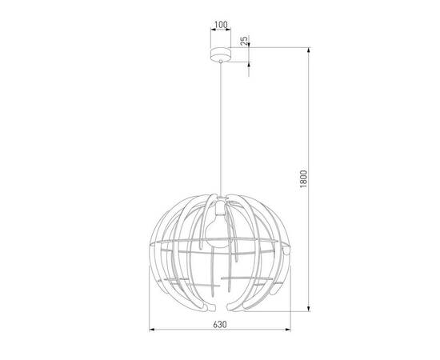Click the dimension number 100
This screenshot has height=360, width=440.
[220, 26]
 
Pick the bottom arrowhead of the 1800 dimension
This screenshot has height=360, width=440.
[311, 310]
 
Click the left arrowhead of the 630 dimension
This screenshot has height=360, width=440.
[151, 330]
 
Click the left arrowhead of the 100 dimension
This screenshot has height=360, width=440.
[210, 32]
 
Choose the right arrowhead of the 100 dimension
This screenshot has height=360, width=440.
[230, 32]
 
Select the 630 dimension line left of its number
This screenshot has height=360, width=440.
[180, 330]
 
